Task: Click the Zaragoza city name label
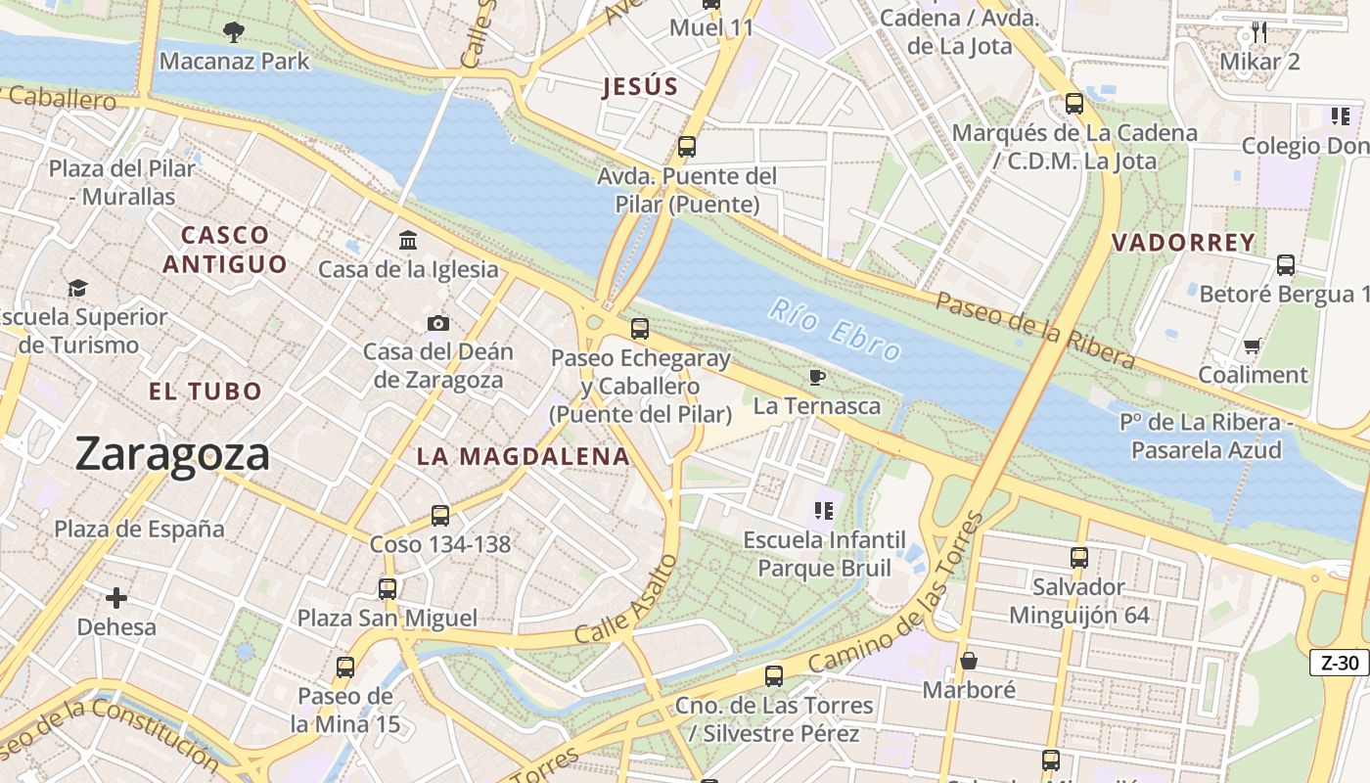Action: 172,455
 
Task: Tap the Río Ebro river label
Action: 835,330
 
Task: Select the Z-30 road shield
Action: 1340,663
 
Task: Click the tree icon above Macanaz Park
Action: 233,32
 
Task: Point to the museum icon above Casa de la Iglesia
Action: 408,240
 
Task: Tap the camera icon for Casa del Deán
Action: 438,323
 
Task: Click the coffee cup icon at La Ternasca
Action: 817,377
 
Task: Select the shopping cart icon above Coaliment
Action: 1252,345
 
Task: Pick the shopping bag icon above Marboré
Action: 969,661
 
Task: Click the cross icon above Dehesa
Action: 116,597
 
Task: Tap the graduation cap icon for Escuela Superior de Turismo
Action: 77,288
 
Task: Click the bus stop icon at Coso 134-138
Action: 440,515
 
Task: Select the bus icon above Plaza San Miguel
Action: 388,588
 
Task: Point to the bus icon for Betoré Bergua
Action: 1286,264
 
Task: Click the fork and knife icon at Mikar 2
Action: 1259,32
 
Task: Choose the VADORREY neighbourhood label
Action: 1183,243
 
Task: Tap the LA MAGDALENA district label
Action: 523,456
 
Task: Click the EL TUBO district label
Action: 205,391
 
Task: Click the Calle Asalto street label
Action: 626,599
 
